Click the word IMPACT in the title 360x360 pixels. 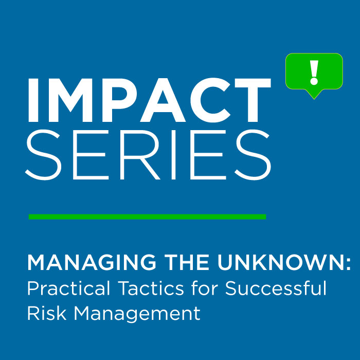point(149,100)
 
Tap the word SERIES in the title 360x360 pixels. point(148,154)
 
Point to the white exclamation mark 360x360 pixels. point(314,73)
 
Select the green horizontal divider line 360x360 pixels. point(147,217)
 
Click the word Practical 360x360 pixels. point(68,289)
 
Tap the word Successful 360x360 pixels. point(276,289)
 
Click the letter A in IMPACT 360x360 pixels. point(163,100)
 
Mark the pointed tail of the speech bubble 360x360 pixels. point(314,99)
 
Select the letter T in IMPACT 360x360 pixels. point(253,100)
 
